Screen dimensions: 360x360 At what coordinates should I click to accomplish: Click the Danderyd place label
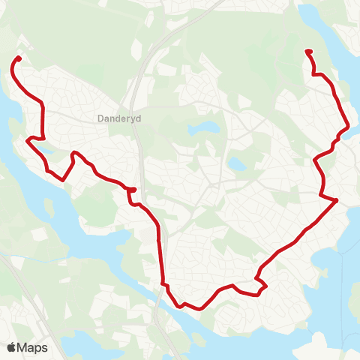click(x=115, y=118)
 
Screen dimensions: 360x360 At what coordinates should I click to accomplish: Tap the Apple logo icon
click(x=11, y=347)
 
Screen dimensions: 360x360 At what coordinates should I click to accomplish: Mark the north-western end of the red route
click(x=19, y=58)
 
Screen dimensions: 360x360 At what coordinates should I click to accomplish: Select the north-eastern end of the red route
click(x=308, y=51)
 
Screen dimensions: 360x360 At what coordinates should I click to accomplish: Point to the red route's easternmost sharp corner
click(x=337, y=200)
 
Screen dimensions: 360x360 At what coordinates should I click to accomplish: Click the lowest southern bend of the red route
click(x=182, y=306)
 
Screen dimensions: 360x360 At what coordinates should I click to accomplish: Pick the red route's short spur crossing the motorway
click(x=132, y=190)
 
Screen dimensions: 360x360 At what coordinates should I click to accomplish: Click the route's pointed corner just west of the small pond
click(x=28, y=139)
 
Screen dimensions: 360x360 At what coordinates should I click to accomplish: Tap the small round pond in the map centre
click(x=235, y=163)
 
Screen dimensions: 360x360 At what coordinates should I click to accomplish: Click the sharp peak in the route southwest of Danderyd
click(x=73, y=154)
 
